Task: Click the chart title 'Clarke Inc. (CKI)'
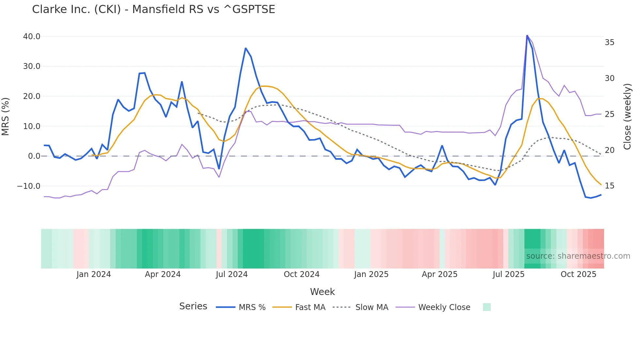(153, 9)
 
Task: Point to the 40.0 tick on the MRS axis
(32, 37)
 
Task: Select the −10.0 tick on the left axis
(29, 186)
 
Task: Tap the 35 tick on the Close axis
(609, 42)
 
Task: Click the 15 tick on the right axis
(609, 186)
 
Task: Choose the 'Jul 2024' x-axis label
(232, 274)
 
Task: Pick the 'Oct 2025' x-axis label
(578, 274)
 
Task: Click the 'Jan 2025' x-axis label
(371, 274)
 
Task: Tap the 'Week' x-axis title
(322, 292)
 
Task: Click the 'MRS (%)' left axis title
(6, 116)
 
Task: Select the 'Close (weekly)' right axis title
(627, 116)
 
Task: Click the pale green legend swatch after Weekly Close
(487, 307)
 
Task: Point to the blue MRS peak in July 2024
(246, 48)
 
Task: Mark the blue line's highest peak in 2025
(527, 35)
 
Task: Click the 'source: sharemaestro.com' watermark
(578, 256)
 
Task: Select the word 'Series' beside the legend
(193, 306)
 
